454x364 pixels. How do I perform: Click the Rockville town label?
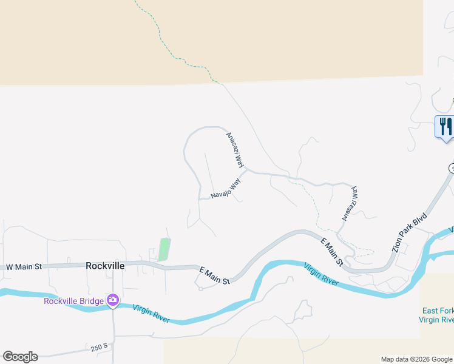[105, 266]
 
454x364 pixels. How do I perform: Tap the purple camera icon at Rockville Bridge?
[113, 300]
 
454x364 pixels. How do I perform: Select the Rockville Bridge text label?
[73, 301]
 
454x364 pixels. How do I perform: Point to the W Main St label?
[23, 266]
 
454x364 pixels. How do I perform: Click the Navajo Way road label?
[226, 189]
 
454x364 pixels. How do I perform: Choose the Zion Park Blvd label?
[410, 233]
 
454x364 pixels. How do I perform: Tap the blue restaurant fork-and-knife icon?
[446, 126]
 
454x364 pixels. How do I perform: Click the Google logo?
[20, 357]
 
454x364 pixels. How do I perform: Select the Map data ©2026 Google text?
[416, 359]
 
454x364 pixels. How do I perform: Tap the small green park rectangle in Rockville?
[164, 249]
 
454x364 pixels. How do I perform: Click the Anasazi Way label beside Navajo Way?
[235, 150]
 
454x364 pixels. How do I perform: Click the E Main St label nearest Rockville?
[214, 277]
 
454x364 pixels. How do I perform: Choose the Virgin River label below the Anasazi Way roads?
[320, 273]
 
